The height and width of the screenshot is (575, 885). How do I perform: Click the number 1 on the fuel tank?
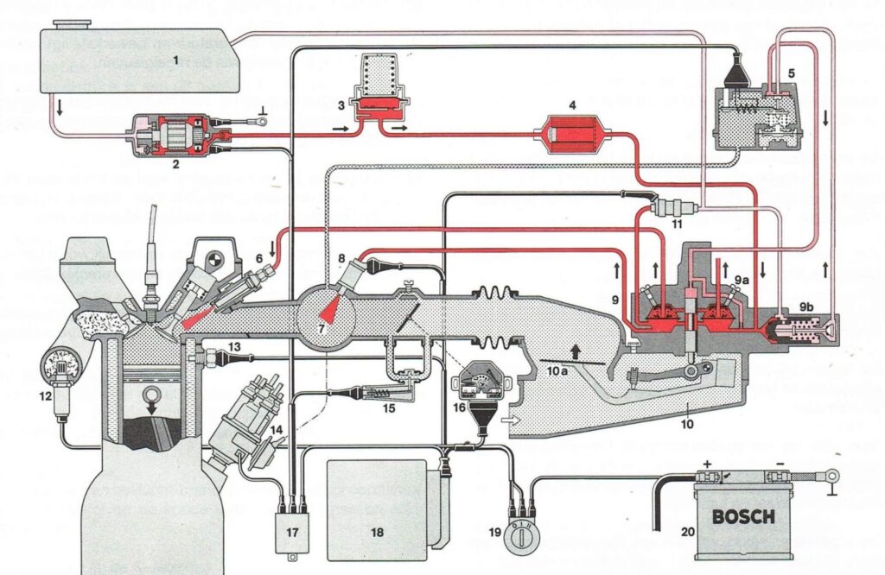pyautogui.click(x=175, y=60)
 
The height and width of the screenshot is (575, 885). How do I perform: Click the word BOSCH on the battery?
pyautogui.click(x=742, y=518)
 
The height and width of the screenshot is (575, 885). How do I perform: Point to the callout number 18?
pyautogui.click(x=377, y=532)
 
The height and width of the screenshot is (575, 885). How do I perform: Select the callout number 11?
pyautogui.click(x=678, y=225)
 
